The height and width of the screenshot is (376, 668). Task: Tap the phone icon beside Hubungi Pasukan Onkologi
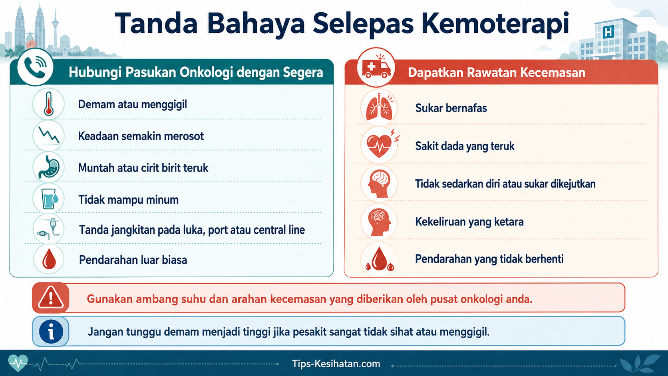click(x=35, y=68)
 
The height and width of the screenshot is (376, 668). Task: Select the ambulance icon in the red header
click(x=376, y=66)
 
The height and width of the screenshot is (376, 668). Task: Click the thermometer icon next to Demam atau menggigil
click(x=48, y=104)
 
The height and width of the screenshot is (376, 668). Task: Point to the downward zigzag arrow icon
click(x=49, y=136)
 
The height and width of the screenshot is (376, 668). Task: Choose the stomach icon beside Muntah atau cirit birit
click(x=49, y=167)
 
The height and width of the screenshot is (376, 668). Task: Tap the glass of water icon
click(x=49, y=199)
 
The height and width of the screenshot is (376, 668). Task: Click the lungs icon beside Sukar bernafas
click(x=379, y=107)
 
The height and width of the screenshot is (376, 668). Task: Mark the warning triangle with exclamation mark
click(x=51, y=297)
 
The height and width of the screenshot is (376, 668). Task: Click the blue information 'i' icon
click(x=51, y=332)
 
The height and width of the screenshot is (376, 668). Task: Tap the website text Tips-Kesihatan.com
click(x=336, y=364)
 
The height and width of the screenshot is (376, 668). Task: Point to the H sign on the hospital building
click(x=608, y=32)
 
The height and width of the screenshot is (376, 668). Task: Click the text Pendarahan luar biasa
click(x=133, y=260)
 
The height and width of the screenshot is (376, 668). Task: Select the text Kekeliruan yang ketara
click(x=469, y=222)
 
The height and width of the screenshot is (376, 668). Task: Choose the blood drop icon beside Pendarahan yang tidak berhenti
click(x=379, y=259)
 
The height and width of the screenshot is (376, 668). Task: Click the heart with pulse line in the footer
click(x=18, y=363)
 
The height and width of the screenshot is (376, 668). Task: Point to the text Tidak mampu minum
click(x=129, y=200)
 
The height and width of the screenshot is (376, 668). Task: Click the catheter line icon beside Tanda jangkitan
click(x=49, y=229)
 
